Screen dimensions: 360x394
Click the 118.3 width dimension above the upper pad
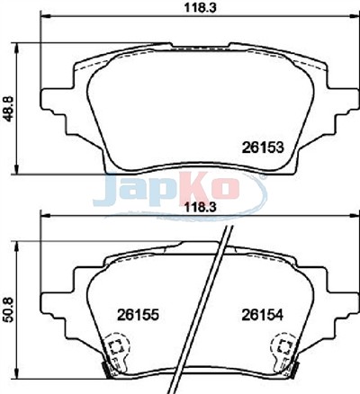pyautogui.click(x=200, y=7)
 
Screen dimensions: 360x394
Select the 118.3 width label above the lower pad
pyautogui.click(x=200, y=207)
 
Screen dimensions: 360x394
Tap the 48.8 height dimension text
pyautogui.click(x=9, y=108)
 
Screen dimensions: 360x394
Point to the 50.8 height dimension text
pyautogui.click(x=9, y=309)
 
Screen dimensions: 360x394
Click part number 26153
pyautogui.click(x=263, y=148)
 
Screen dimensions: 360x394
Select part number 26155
pyautogui.click(x=138, y=315)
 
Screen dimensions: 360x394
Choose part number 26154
pyautogui.click(x=263, y=315)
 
